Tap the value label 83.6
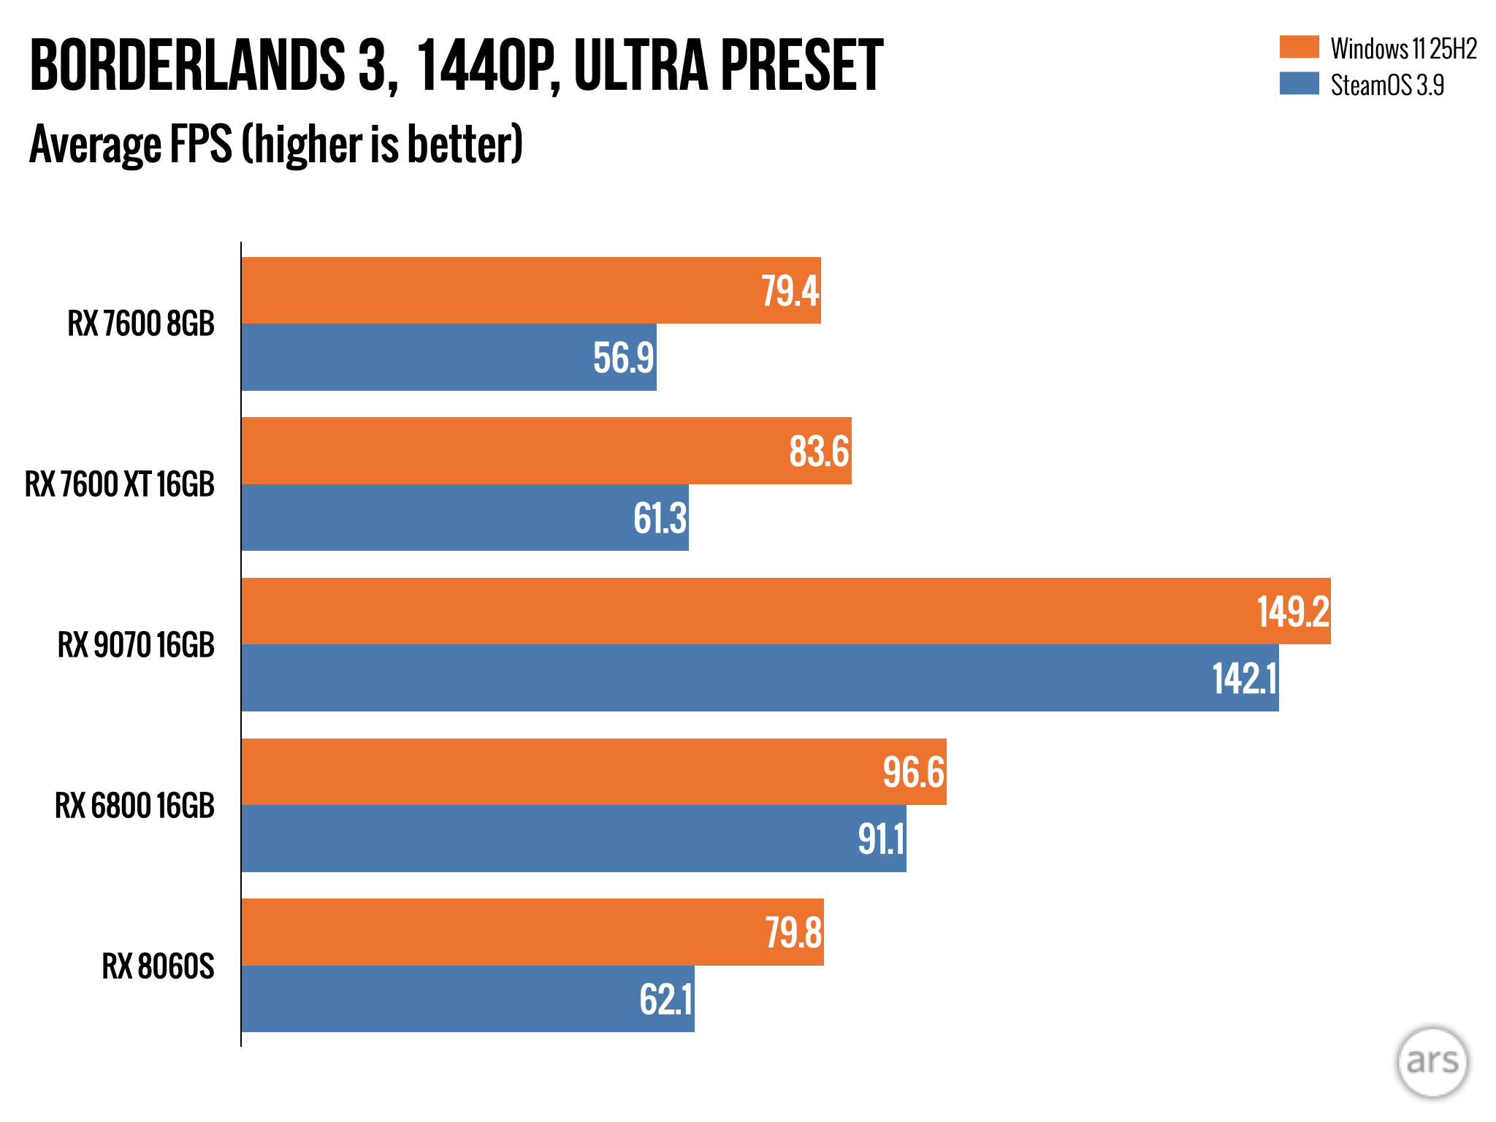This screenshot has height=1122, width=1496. click(819, 451)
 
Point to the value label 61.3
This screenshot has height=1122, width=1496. click(660, 518)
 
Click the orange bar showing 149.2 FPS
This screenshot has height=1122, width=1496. click(730, 611)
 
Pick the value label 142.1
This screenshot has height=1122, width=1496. click(1245, 679)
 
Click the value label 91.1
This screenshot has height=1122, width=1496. click(881, 839)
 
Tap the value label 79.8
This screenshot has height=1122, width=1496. click(793, 933)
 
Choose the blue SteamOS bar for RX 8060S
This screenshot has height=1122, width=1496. click(438, 999)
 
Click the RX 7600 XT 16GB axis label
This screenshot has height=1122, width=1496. click(120, 484)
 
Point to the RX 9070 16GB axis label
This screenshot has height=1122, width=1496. click(136, 645)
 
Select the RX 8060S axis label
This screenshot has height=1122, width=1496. click(158, 966)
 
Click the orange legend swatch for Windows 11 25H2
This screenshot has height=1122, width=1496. click(1299, 47)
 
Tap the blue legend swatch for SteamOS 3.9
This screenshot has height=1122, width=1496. click(1299, 84)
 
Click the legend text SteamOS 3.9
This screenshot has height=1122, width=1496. click(1387, 85)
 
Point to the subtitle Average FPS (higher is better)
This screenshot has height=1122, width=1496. click(276, 145)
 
